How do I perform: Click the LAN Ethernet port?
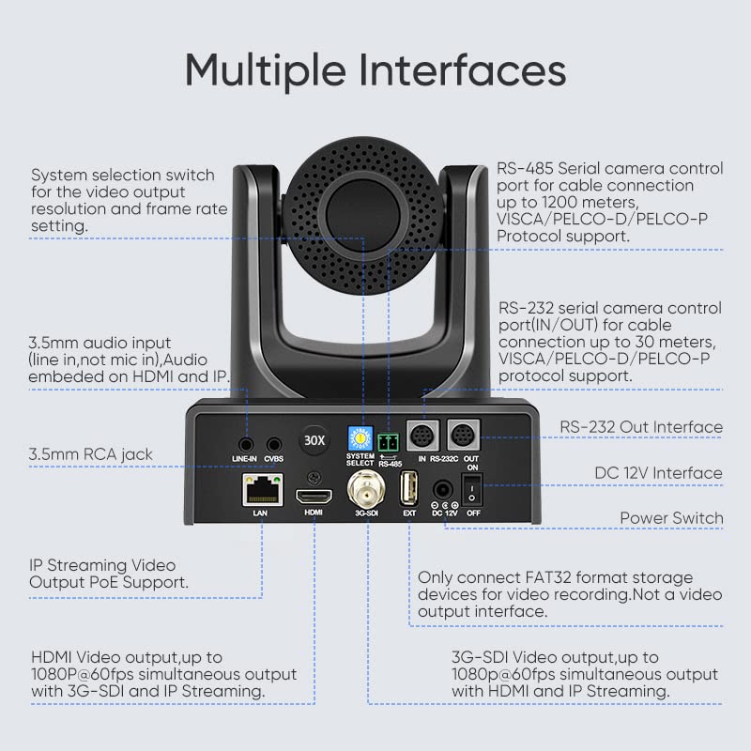pos(262,488)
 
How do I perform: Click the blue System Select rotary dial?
pos(360,437)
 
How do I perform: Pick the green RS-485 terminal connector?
pos(390,439)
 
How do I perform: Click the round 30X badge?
pos(313,439)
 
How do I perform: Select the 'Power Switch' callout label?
pos(670,518)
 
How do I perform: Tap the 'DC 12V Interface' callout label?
pos(658,473)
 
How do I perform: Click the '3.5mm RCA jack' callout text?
pos(91,454)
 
